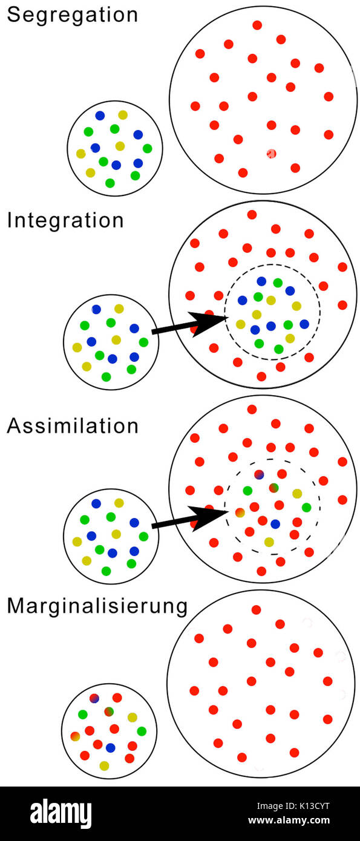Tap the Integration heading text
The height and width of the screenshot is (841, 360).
(x=65, y=220)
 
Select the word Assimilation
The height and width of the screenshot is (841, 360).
(x=73, y=426)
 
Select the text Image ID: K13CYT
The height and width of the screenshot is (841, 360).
(x=293, y=806)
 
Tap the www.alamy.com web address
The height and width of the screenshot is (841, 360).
(x=289, y=820)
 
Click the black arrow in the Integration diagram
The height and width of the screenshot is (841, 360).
(x=189, y=324)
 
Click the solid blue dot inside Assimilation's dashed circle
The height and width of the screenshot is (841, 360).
(x=275, y=524)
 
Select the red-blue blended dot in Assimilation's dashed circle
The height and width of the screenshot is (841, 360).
(x=259, y=474)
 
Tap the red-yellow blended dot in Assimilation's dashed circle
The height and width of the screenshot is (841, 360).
(x=240, y=512)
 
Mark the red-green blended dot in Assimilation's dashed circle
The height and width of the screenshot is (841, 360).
(x=274, y=488)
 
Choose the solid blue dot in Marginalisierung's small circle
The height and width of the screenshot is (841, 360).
(x=110, y=747)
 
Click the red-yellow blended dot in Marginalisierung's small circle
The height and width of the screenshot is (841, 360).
(x=75, y=736)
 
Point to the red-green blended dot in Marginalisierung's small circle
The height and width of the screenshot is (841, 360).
(x=109, y=711)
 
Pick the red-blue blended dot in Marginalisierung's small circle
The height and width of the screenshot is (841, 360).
(x=94, y=698)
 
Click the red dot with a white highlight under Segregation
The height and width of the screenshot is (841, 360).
(x=272, y=154)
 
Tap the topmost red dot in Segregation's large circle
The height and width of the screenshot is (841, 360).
(x=257, y=25)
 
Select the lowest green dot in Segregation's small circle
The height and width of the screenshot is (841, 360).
(x=110, y=183)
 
